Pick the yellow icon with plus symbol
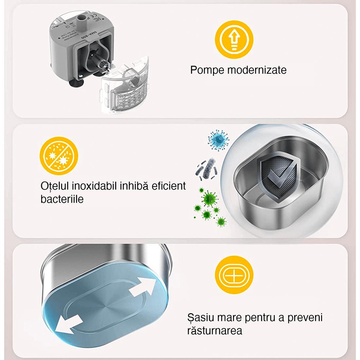234,275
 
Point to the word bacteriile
62,199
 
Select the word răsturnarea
215,331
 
